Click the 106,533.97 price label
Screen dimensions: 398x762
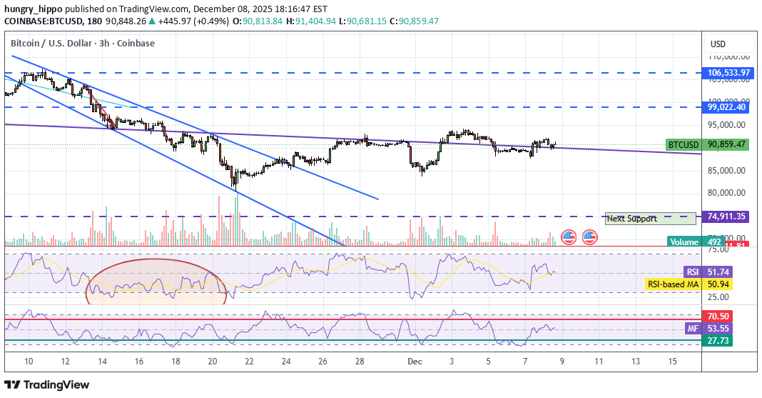(727, 73)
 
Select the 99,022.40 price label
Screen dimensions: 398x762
(727, 107)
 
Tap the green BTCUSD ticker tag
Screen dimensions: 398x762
(683, 144)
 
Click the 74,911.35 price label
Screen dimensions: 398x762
(727, 217)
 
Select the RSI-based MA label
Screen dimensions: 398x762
(673, 284)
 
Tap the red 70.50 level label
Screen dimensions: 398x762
(718, 316)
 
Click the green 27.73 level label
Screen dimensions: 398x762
(718, 341)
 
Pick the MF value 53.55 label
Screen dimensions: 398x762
(718, 329)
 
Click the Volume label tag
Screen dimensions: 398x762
(685, 242)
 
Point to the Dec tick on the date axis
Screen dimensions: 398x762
(414, 362)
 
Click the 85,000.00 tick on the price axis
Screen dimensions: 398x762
(727, 170)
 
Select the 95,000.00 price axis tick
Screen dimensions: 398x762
(727, 124)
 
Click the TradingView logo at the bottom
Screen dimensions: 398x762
(49, 384)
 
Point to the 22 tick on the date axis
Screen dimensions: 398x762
(249, 362)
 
